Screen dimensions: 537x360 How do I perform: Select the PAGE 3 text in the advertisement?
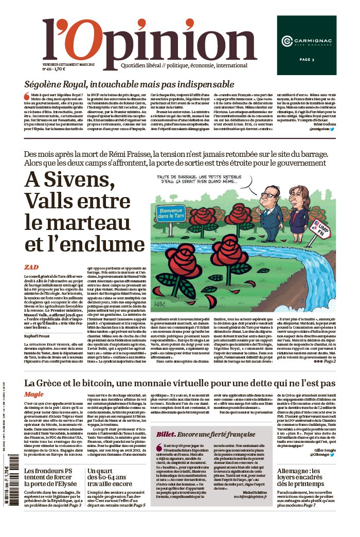pos(306,60)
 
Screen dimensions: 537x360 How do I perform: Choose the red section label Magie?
pos(34,394)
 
